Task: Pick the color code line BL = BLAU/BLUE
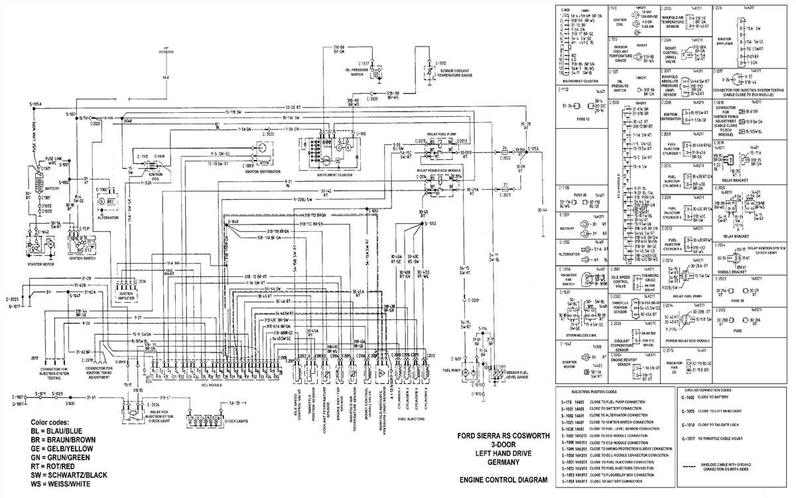click(x=61, y=431)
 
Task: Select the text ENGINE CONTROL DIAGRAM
click(x=503, y=479)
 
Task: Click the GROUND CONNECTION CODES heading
click(x=724, y=390)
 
